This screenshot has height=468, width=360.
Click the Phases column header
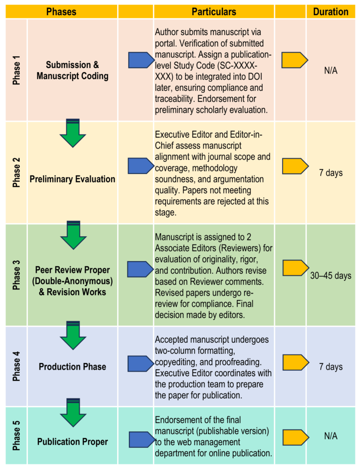click(x=61, y=12)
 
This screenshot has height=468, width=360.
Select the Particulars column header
click(x=214, y=12)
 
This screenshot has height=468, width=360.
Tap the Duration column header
click(x=331, y=12)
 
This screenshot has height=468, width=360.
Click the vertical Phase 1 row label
click(x=16, y=70)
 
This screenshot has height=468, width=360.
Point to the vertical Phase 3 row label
click(x=16, y=275)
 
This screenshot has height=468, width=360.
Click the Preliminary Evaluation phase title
click(x=72, y=179)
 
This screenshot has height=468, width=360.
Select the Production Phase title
click(x=72, y=367)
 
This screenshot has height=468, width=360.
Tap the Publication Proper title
click(x=72, y=441)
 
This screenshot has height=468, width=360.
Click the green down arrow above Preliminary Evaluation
click(x=73, y=133)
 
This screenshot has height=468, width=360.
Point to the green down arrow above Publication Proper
click(x=73, y=412)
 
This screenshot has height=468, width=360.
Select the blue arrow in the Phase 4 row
click(x=141, y=363)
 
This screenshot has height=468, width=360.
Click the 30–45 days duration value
click(x=331, y=276)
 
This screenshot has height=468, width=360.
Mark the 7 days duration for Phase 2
click(x=331, y=173)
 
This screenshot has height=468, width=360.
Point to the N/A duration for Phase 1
click(x=331, y=71)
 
